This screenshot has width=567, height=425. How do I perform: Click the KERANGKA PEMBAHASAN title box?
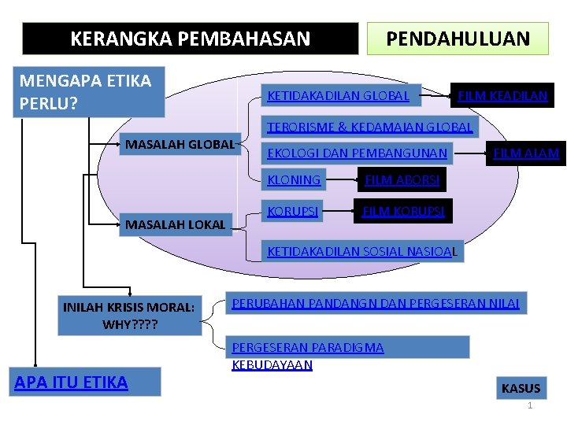coord(190,38)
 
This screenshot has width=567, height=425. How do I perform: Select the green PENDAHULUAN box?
coord(457,38)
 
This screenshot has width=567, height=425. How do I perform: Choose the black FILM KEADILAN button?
coord(502,96)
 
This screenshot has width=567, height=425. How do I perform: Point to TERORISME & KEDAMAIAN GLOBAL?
coord(369,126)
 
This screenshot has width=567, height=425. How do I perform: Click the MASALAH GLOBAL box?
coord(180,144)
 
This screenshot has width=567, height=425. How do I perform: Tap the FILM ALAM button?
coord(526,153)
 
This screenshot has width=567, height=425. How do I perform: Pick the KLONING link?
coord(295,180)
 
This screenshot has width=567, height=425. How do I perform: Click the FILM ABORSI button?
coord(402,181)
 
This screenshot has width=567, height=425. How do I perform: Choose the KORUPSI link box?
coord(294,212)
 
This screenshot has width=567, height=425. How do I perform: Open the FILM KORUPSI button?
coord(403,212)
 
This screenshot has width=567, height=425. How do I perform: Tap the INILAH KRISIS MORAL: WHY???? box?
coord(128,316)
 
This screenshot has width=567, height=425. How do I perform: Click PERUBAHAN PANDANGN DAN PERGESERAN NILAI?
coord(374,303)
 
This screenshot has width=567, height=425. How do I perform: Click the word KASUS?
coord(521,388)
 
